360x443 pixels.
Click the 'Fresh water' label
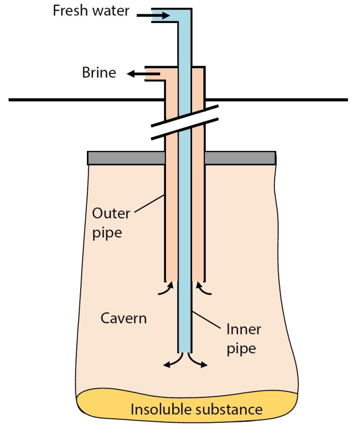pyautogui.click(x=91, y=11)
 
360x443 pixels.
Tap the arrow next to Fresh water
pyautogui.click(x=154, y=16)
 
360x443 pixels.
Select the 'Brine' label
pyautogui.click(x=99, y=73)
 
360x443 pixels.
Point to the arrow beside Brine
pyautogui.click(x=137, y=74)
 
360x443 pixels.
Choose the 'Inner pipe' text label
pyautogui.click(x=243, y=339)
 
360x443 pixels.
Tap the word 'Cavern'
pyautogui.click(x=123, y=318)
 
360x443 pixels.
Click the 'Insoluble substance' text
pyautogui.click(x=197, y=409)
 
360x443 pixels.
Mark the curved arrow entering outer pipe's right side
pyautogui.click(x=202, y=288)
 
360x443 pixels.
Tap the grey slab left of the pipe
pyautogui.click(x=126, y=158)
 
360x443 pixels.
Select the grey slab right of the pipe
pyautogui.click(x=240, y=158)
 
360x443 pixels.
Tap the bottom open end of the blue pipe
pyautogui.click(x=185, y=352)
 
